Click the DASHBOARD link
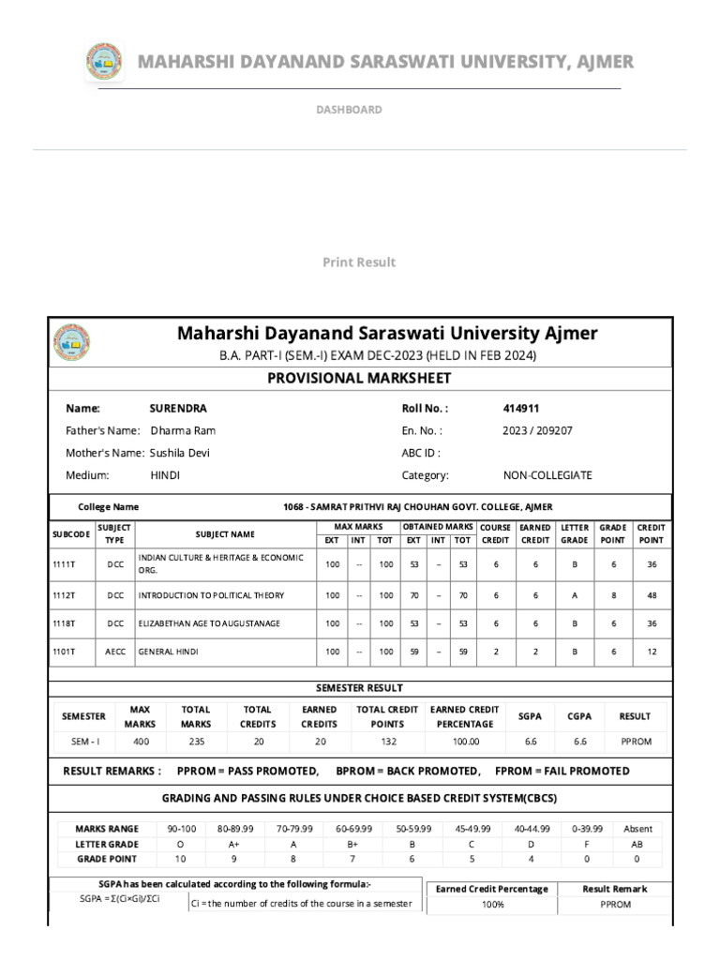pos(349,110)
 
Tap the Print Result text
pos(359,262)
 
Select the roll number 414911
pos(521,409)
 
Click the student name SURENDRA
pos(178,409)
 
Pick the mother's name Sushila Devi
pos(180,453)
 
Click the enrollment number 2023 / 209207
pos(538,431)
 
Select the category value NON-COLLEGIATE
pos(547,475)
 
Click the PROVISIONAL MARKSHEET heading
pos(359,378)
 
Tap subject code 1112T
pos(65,595)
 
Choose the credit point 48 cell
pos(651,595)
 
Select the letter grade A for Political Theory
pos(574,595)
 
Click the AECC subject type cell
pos(114,652)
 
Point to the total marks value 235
pos(197,741)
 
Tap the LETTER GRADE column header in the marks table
pos(574,533)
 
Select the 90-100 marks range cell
pos(181,829)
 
